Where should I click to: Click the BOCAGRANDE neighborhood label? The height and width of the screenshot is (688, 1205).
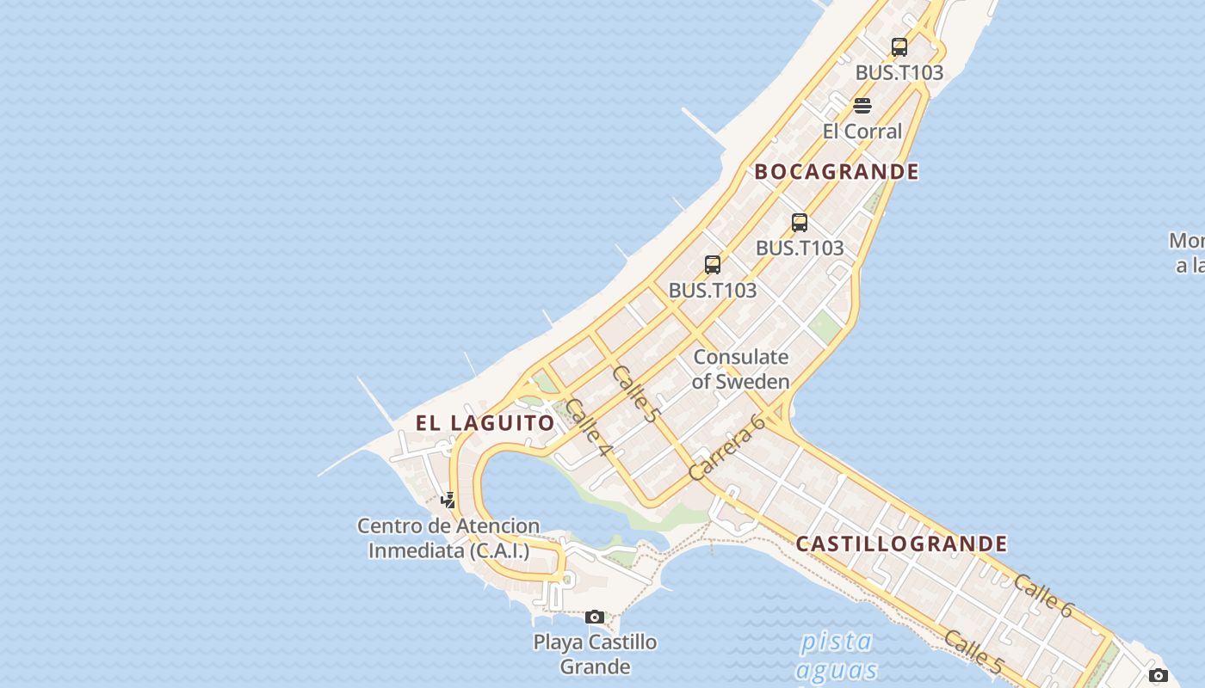(837, 171)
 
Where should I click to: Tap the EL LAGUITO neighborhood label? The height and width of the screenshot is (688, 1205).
(485, 423)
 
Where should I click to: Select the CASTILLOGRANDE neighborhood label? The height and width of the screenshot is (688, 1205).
(901, 544)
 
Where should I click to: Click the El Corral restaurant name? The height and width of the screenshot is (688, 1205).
(862, 132)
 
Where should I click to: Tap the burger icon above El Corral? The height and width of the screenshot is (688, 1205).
(862, 106)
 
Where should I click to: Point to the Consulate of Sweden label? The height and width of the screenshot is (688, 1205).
(740, 369)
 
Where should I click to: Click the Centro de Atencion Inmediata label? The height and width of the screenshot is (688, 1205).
(448, 537)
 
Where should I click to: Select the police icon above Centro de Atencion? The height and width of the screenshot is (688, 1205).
(448, 500)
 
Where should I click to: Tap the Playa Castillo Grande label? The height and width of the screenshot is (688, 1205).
(595, 654)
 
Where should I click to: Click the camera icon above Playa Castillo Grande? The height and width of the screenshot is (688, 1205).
(595, 617)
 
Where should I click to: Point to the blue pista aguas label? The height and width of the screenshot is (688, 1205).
(836, 656)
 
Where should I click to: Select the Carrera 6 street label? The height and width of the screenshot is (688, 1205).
(727, 447)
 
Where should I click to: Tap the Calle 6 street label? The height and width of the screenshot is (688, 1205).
(1043, 595)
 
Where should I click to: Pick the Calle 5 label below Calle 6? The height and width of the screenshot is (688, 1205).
(973, 651)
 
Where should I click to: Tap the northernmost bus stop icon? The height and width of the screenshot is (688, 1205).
(899, 47)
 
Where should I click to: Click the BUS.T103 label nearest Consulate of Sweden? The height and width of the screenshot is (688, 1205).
(713, 291)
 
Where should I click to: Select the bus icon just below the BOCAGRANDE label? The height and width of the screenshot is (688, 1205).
(800, 223)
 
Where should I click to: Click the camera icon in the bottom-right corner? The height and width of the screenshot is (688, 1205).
(1159, 675)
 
